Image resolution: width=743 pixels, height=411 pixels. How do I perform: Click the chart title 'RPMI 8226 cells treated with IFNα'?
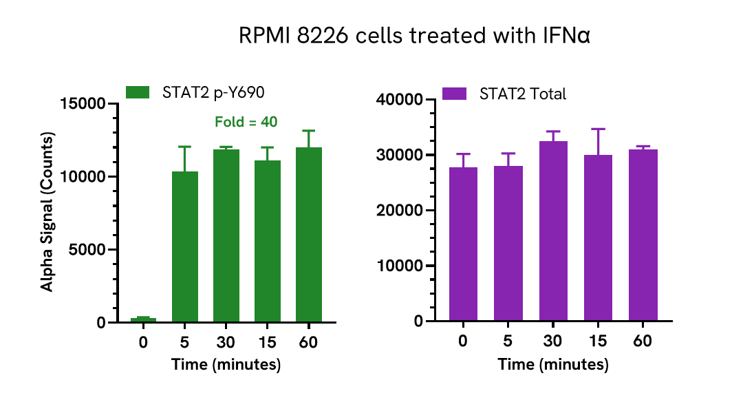[414, 36]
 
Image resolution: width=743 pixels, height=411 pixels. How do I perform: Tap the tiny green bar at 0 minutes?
[143, 319]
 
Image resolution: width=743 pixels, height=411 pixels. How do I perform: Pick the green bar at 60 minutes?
[309, 234]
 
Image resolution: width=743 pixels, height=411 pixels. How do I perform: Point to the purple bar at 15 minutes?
[598, 238]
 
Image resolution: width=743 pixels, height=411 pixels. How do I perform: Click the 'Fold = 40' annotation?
[246, 122]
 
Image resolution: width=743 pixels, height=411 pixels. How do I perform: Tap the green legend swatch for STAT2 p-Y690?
[138, 92]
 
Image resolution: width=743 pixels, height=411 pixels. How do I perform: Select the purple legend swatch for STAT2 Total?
[454, 94]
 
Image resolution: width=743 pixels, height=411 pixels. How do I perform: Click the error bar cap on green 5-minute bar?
[185, 147]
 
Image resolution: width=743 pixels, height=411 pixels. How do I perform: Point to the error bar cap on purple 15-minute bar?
[598, 129]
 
